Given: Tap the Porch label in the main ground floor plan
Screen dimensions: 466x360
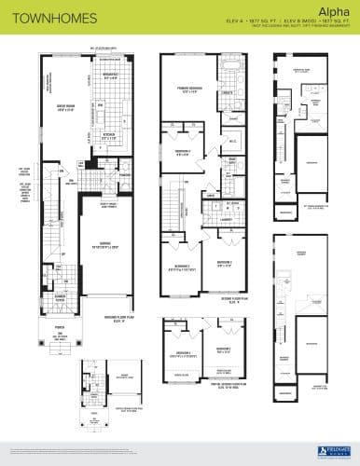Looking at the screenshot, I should [64, 328].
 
